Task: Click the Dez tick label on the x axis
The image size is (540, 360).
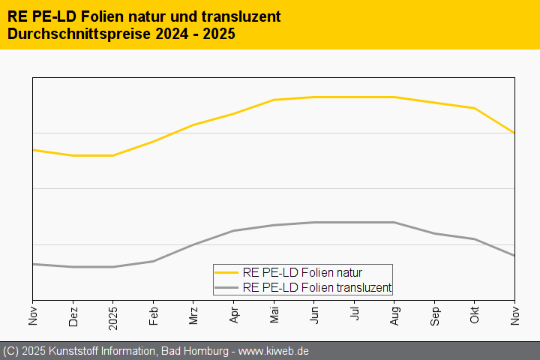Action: coord(73,316)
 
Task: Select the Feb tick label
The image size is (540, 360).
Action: coord(154,316)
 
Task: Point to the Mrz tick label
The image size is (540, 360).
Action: coord(193,316)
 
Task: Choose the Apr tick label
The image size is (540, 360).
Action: coord(234,316)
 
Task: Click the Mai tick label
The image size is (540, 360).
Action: coord(274,316)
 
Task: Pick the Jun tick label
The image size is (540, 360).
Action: coord(314,316)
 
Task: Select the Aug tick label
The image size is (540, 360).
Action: coord(394,316)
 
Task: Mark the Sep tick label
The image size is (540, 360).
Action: coord(435,316)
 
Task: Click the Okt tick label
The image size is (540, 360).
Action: coord(475,316)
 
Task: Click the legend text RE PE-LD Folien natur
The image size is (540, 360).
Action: coord(307,272)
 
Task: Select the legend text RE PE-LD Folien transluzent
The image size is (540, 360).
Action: coord(317,287)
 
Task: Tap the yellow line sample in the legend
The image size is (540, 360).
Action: coord(226,272)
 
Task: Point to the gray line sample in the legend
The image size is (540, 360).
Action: coord(226,287)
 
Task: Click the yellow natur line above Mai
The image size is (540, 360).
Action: coord(274,100)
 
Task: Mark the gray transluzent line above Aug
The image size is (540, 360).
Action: coord(394,222)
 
